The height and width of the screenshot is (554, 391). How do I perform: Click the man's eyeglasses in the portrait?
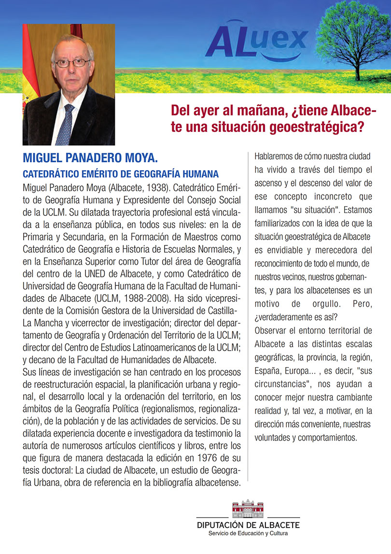pyautogui.click(x=72, y=62)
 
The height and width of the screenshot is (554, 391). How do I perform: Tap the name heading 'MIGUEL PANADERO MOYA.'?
pyautogui.click(x=91, y=158)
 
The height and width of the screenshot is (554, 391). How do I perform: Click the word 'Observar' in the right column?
pyautogui.click(x=271, y=331)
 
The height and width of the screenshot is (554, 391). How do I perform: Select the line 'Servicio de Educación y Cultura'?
pyautogui.click(x=248, y=533)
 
